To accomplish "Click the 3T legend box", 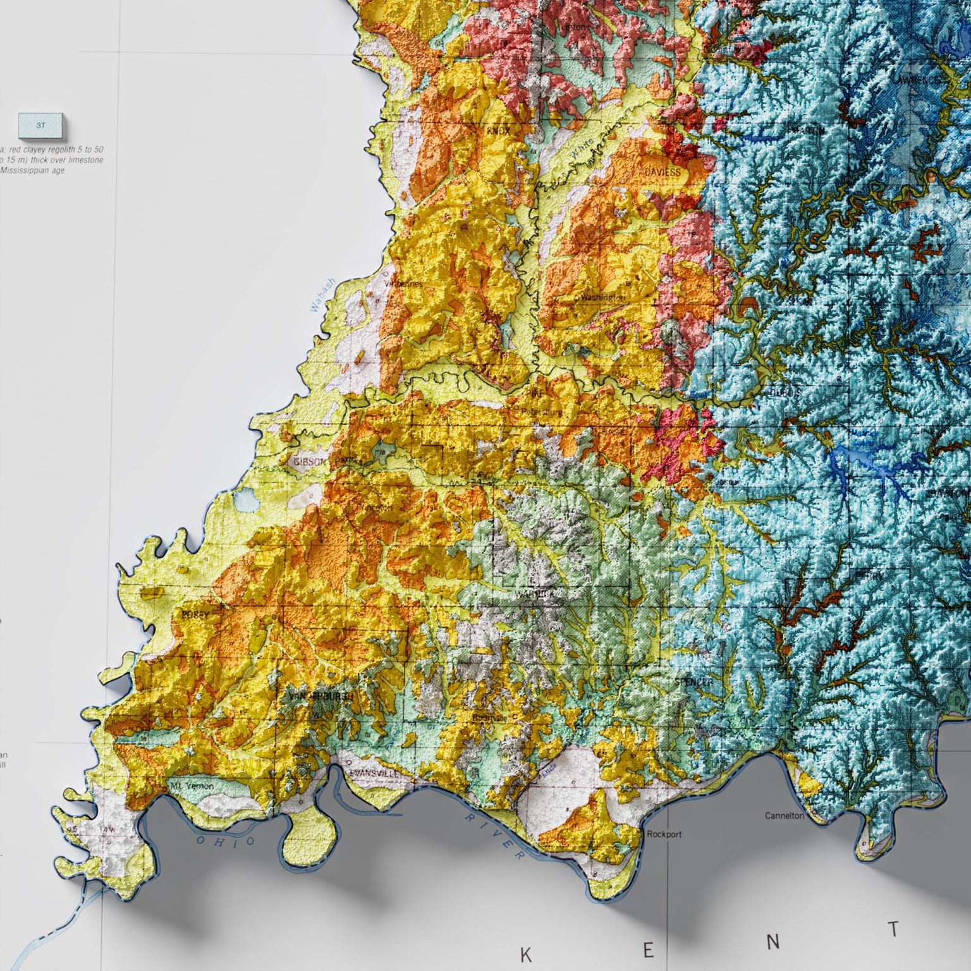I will point(41,125).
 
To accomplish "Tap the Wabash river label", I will point(322,297).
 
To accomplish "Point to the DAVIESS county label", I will point(662,172).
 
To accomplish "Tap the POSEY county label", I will point(195,614).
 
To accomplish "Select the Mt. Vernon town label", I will point(192,786).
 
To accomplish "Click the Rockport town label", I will point(664,834).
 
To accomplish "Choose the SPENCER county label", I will point(693,683).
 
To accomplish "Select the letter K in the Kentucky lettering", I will point(526,955).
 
